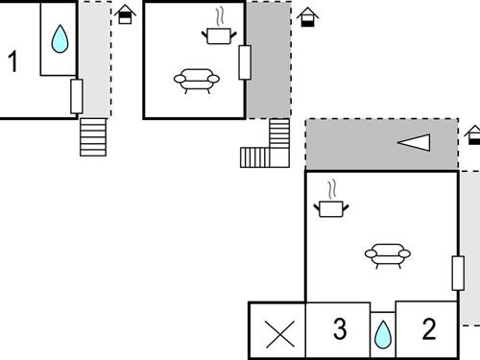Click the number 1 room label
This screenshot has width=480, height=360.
[12, 62]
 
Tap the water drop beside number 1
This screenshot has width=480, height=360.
[60, 39]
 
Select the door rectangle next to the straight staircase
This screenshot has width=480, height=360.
[77, 96]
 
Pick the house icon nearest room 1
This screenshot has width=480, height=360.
[125, 14]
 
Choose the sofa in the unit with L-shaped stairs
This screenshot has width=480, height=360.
[197, 81]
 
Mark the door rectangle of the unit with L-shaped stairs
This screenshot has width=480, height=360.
[245, 62]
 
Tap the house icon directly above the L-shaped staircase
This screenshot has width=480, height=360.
[306, 17]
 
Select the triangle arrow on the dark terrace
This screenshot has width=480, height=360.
[415, 143]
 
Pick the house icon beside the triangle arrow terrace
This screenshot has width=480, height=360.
[473, 134]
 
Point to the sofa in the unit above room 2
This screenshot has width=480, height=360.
[387, 254]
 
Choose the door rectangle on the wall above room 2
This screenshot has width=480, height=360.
[457, 272]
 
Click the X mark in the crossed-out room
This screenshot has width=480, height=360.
[278, 333]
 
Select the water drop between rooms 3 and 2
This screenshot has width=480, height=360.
[383, 333]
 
